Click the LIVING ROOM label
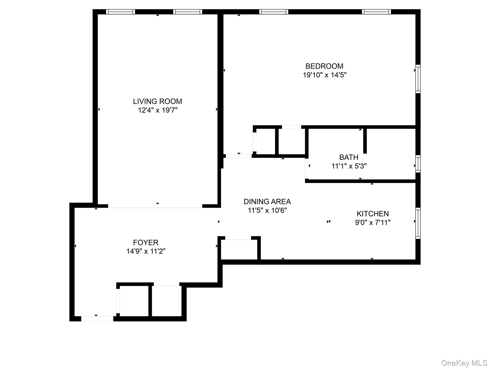click(x=157, y=101)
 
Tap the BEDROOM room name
click(x=324, y=66)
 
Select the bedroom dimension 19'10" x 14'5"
click(x=324, y=75)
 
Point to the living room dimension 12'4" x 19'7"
click(x=158, y=110)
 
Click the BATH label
click(x=349, y=157)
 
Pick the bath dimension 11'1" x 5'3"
click(x=349, y=166)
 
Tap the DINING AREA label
click(x=267, y=201)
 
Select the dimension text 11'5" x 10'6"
click(x=267, y=210)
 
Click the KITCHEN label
click(x=372, y=214)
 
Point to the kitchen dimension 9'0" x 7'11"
click(x=372, y=222)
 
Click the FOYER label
click(x=145, y=242)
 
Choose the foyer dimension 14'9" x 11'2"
click(x=146, y=251)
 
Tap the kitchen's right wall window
click(x=418, y=223)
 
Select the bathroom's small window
click(x=418, y=163)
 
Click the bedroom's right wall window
click(x=418, y=79)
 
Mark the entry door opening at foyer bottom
click(x=97, y=319)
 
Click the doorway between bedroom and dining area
click(x=239, y=156)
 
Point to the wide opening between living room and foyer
click(x=155, y=206)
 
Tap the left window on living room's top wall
click(x=120, y=12)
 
